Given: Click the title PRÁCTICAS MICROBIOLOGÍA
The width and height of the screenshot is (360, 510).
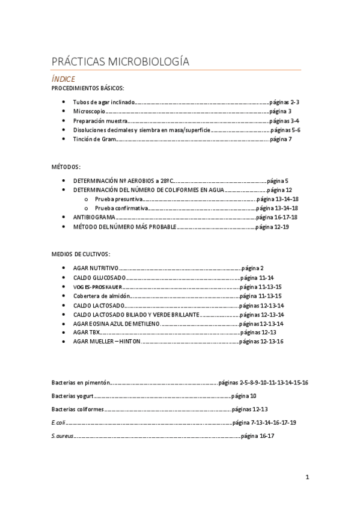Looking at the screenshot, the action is (x=120, y=62).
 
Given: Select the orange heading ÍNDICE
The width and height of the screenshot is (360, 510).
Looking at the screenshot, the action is (x=63, y=79).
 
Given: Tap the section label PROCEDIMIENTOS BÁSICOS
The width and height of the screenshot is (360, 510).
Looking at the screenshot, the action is (x=88, y=88).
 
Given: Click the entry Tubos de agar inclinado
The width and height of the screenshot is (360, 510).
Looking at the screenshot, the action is (x=104, y=102).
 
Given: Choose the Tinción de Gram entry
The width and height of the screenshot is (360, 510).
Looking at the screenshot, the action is (x=94, y=139).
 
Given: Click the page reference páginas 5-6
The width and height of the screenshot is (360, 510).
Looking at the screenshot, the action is (x=285, y=130).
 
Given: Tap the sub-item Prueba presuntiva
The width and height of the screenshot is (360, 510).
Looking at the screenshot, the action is (x=118, y=198).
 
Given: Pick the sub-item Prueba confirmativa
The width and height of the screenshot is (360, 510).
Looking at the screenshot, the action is (x=121, y=207).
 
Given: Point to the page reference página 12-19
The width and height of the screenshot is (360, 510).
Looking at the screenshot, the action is (x=272, y=227).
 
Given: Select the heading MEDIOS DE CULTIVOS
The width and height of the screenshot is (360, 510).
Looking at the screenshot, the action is (x=81, y=254).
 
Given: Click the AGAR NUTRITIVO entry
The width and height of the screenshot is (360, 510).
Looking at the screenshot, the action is (x=96, y=268).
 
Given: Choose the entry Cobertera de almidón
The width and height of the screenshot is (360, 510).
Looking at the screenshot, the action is (x=101, y=296).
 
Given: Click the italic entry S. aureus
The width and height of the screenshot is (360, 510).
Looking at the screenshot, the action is (x=63, y=436).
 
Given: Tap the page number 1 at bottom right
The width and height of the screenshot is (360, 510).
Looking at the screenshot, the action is (x=307, y=478).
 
